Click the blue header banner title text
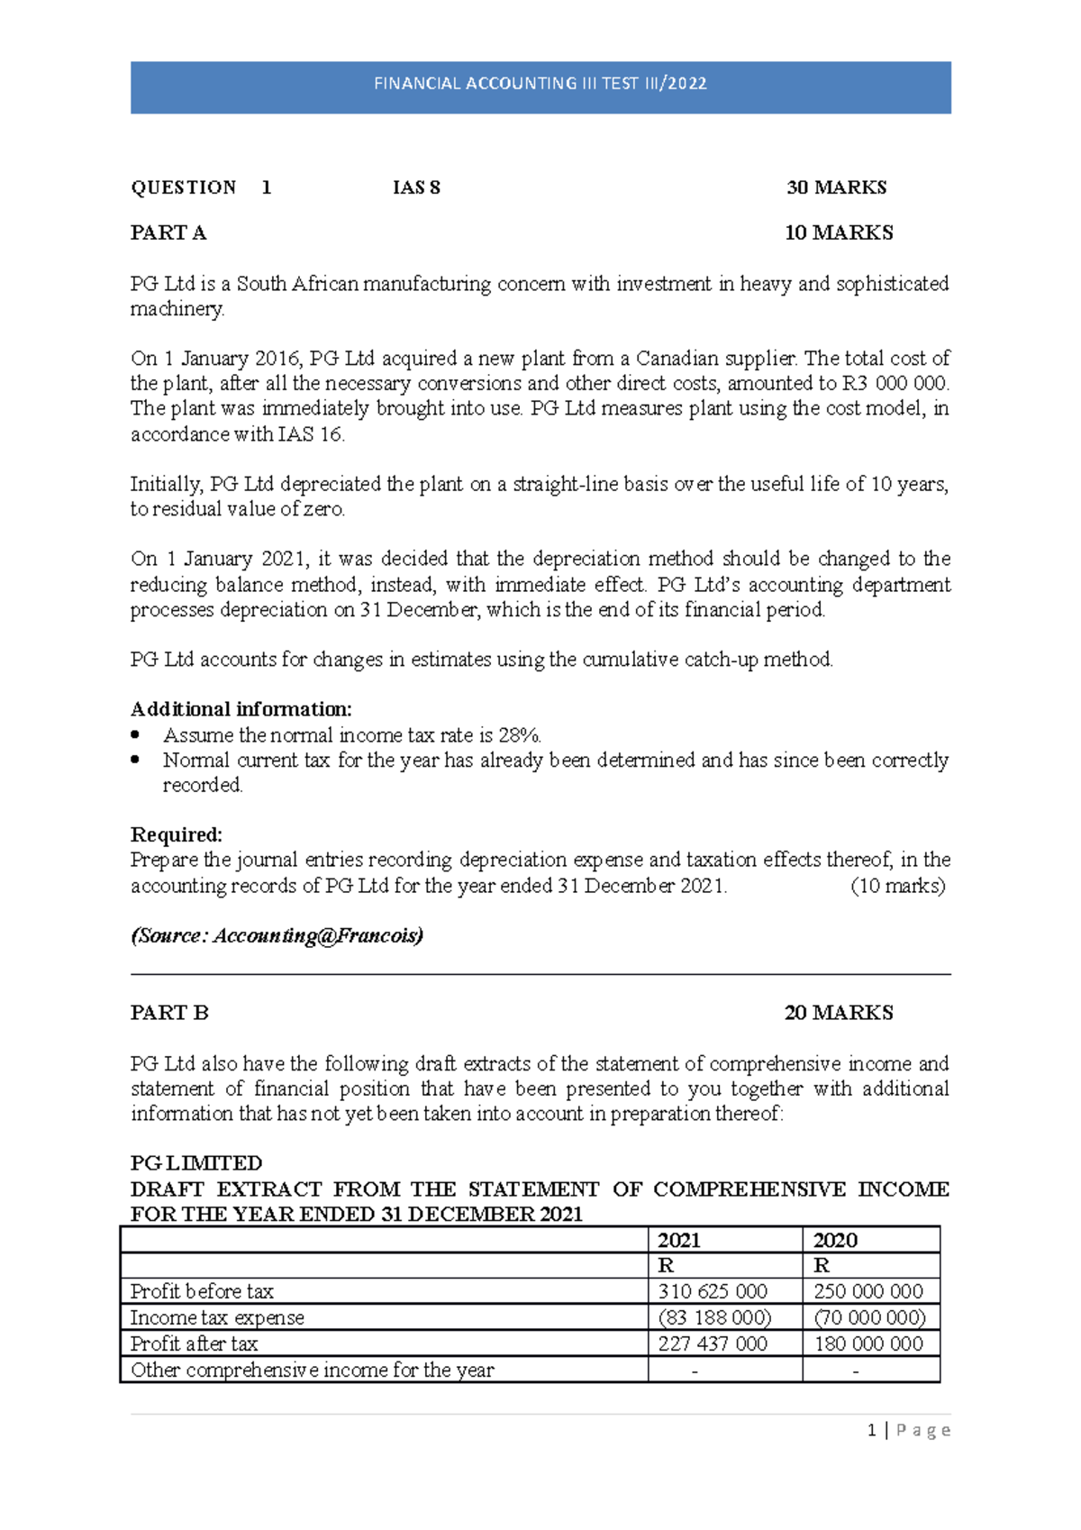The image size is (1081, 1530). click(x=540, y=84)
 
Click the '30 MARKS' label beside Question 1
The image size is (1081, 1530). click(x=836, y=187)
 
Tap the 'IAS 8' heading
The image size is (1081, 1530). click(x=416, y=187)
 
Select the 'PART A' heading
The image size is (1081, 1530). click(x=168, y=232)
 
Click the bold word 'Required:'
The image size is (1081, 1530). click(x=177, y=834)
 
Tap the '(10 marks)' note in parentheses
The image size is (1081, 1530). click(x=897, y=886)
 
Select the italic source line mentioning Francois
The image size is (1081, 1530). click(x=277, y=935)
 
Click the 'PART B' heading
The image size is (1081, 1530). click(x=169, y=1013)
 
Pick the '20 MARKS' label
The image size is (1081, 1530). click(x=838, y=1013)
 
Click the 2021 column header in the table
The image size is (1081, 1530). click(x=679, y=1240)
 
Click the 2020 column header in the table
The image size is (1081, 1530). click(x=835, y=1240)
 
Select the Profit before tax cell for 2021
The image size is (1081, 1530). click(x=713, y=1291)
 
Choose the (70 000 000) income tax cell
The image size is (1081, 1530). click(x=869, y=1317)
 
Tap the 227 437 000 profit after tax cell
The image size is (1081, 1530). click(x=713, y=1343)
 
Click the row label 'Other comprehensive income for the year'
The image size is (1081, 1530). click(x=312, y=1370)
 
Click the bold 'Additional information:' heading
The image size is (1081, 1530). click(x=241, y=709)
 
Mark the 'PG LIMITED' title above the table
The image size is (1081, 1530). click(x=196, y=1163)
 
